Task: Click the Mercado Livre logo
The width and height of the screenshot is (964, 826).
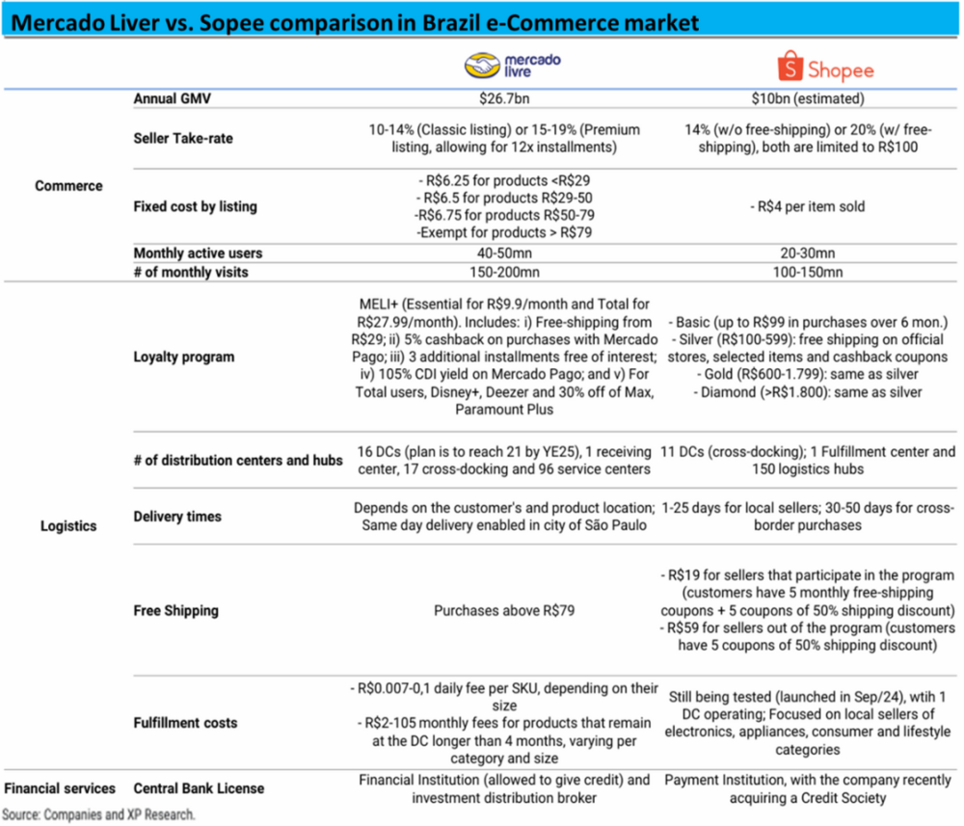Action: coord(512,65)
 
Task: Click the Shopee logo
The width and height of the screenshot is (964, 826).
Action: coord(825,68)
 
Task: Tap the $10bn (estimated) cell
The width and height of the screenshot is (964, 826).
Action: coord(809,98)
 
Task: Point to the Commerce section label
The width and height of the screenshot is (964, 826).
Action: coord(68,185)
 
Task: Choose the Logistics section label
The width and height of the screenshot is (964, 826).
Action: coord(68,525)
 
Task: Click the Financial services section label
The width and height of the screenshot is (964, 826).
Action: coord(59,788)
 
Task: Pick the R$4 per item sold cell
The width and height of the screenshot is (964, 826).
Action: coord(808,206)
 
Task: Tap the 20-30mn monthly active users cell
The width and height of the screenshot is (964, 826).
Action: coord(809,253)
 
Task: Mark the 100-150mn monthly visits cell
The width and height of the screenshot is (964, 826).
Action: coord(809,272)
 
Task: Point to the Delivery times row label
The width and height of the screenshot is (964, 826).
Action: coord(177,517)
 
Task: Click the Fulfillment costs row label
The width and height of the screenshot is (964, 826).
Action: coord(185,722)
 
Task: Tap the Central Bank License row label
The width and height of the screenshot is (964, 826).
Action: coord(199,788)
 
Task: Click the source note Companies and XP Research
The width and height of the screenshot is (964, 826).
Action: coord(104,814)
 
